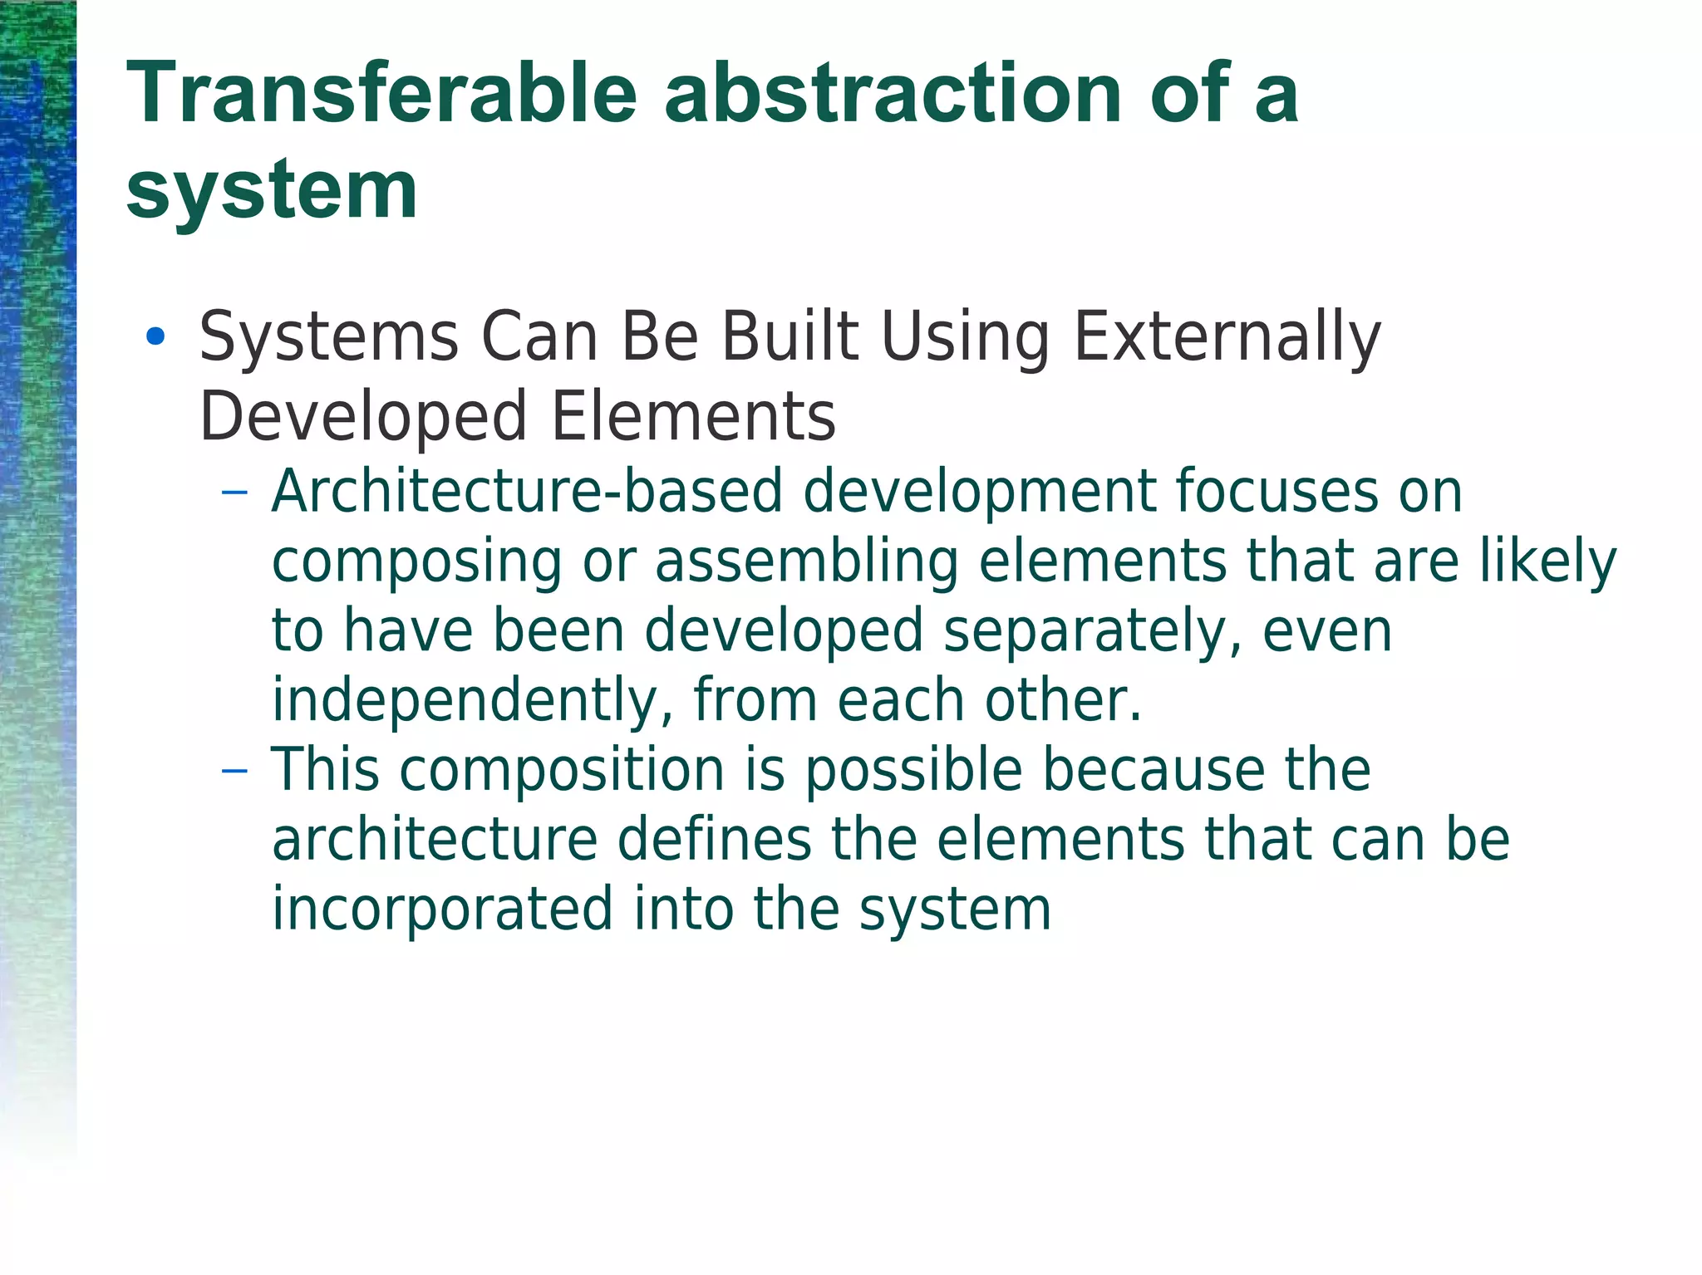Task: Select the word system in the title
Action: tap(272, 191)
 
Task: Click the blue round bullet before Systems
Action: tap(155, 336)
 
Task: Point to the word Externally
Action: tap(1227, 337)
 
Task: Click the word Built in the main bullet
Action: tap(790, 337)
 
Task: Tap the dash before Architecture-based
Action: tap(235, 492)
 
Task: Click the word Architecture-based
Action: tap(527, 492)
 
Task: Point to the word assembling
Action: tap(807, 562)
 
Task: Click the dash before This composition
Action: tap(235, 771)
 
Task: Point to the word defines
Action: tap(714, 840)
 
